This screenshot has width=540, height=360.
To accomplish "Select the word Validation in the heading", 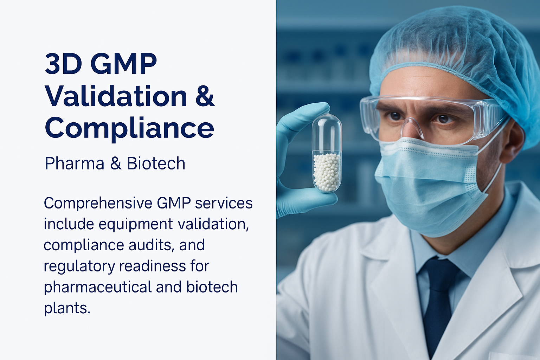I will pos(116,96).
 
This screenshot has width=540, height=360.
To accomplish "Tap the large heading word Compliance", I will pos(129,128).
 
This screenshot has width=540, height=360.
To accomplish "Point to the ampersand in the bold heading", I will pos(205,96).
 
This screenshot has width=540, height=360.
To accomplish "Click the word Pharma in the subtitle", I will pos(75,163).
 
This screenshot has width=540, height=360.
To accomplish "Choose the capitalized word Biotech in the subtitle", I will pos(156,163).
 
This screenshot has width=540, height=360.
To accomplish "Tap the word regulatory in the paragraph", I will pos(79,266).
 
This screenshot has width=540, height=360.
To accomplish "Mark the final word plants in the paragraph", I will pos(67,308).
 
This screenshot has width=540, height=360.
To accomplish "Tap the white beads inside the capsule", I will pos(327,172).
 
